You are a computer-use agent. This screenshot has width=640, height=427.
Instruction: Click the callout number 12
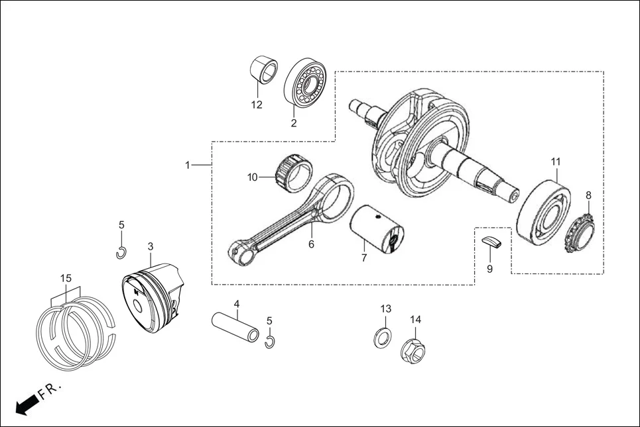point(257,105)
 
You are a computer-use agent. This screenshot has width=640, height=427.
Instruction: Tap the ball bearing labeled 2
point(308,83)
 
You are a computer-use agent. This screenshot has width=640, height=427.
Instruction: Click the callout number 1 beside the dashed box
point(188,165)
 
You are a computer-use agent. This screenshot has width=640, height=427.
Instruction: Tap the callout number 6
point(311,244)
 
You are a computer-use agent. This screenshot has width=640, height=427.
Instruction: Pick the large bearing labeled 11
point(543,211)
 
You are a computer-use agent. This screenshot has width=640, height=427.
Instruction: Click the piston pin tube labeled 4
point(235,328)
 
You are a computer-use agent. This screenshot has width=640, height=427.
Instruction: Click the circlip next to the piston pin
point(269,342)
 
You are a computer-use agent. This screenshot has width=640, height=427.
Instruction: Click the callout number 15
point(66,278)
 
